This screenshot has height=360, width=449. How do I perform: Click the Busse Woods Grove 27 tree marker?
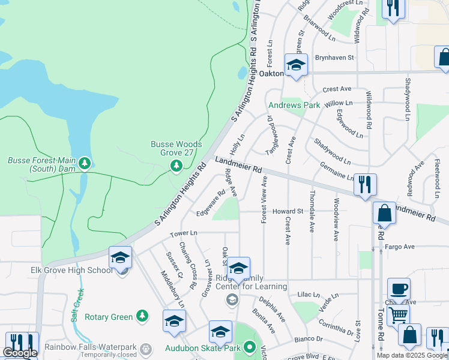tap(176, 164)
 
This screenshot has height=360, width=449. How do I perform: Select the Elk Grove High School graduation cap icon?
tap(120, 258)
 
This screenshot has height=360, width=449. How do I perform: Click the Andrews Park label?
tap(294, 105)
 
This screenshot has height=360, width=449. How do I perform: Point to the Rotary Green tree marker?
tap(142, 316)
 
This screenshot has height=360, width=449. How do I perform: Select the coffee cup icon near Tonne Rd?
tap(399, 288)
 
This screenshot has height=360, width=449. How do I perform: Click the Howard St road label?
tap(288, 211)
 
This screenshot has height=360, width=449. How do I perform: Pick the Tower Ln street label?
tap(183, 233)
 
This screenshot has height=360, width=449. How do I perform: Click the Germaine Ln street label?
tap(336, 171)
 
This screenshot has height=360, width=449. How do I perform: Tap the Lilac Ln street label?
tap(310, 295)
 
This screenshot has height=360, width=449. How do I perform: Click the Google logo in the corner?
tap(20, 353)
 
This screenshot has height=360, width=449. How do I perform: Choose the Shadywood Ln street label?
tap(331, 151)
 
